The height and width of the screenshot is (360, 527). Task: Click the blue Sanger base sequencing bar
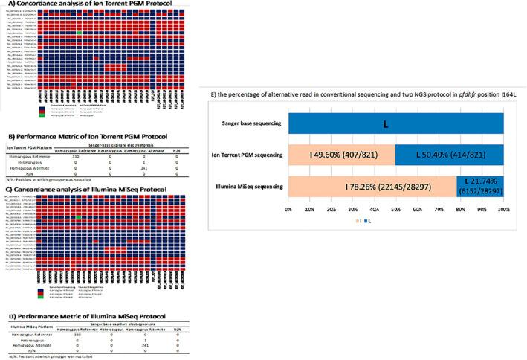pos(406,123)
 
